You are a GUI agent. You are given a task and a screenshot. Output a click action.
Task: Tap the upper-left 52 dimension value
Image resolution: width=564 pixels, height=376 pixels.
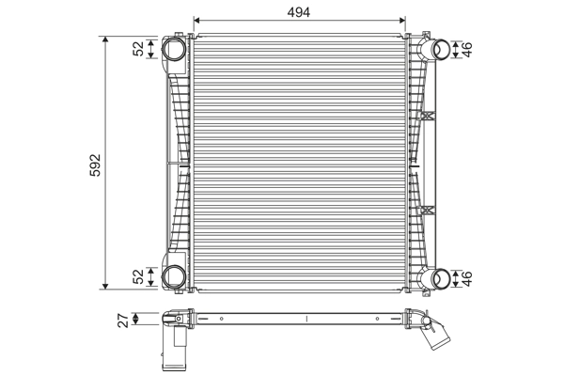point(139,49)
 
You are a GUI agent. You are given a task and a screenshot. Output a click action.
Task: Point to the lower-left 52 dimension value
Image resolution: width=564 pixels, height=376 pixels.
point(139,276)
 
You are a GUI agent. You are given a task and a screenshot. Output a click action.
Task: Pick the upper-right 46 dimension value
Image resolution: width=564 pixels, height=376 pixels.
point(467,49)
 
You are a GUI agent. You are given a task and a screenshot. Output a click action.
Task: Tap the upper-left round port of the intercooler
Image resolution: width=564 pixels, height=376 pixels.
point(175,49)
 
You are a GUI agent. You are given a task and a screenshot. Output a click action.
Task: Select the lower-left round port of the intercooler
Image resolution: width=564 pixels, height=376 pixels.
point(175,276)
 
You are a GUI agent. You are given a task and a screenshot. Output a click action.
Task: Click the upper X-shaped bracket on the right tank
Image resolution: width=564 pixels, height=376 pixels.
point(428,116)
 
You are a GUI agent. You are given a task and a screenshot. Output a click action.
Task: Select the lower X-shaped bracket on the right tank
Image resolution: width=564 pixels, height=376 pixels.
point(428,209)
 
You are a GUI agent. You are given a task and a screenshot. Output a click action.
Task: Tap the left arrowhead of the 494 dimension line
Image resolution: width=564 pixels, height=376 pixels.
point(196,20)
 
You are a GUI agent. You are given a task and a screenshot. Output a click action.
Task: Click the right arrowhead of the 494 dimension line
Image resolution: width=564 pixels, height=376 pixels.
point(404,20)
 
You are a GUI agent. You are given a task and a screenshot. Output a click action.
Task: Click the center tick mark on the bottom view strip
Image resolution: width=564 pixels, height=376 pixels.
point(307,319)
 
